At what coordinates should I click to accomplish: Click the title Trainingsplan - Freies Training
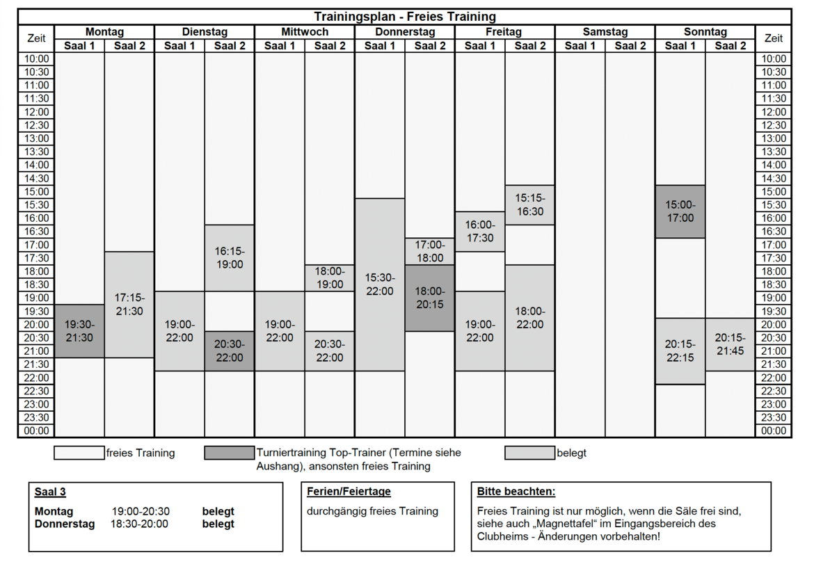tap(404, 17)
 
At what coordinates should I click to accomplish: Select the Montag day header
tap(104, 32)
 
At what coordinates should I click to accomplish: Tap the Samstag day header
tap(605, 32)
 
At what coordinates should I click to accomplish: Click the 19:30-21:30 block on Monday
tap(79, 331)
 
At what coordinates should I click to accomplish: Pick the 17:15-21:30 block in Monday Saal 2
tap(129, 305)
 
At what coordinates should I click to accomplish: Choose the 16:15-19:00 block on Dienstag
tap(230, 258)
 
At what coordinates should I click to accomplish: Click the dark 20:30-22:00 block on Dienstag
tap(230, 351)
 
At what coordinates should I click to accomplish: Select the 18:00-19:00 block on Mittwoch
tap(330, 278)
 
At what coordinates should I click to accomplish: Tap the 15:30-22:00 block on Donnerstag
tap(380, 284)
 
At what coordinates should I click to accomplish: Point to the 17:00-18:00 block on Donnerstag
tap(430, 251)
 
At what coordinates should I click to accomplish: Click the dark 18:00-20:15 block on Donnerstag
tap(430, 298)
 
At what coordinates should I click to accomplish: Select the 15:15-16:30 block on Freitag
tap(530, 204)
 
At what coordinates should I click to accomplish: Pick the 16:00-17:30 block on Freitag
tap(480, 232)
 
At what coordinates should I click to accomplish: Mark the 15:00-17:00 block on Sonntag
tap(680, 211)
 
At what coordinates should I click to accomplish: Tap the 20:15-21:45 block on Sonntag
tap(731, 344)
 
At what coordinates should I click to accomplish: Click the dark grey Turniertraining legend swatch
tap(230, 453)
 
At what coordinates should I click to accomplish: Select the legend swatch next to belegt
tap(530, 453)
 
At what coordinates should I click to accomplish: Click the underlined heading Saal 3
tap(50, 492)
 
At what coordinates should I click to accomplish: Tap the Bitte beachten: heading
tap(516, 492)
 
